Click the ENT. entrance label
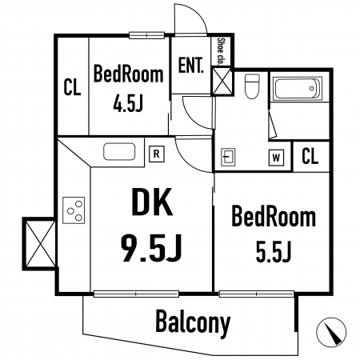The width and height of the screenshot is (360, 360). [190, 65]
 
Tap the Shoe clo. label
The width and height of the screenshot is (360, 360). [221, 51]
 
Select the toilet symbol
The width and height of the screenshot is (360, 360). [252, 86]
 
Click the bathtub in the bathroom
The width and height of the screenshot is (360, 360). [297, 88]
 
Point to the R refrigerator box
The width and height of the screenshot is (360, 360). [157, 154]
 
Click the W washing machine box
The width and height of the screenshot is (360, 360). [276, 158]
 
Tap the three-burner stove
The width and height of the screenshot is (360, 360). [74, 210]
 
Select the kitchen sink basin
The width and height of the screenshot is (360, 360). [119, 151]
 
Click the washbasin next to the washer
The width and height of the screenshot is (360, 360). [228, 157]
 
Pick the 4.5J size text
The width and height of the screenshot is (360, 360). [128, 103]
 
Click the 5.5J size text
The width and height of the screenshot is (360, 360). [273, 251]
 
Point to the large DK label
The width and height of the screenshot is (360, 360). [152, 202]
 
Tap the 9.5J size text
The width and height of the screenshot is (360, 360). [151, 248]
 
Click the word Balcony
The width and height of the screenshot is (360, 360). [193, 322]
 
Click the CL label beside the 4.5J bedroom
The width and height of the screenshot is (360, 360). [72, 87]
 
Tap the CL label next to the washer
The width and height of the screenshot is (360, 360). [310, 156]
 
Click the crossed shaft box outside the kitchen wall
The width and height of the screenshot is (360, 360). [39, 244]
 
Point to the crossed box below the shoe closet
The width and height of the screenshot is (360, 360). [222, 81]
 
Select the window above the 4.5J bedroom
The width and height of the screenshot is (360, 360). [146, 35]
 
